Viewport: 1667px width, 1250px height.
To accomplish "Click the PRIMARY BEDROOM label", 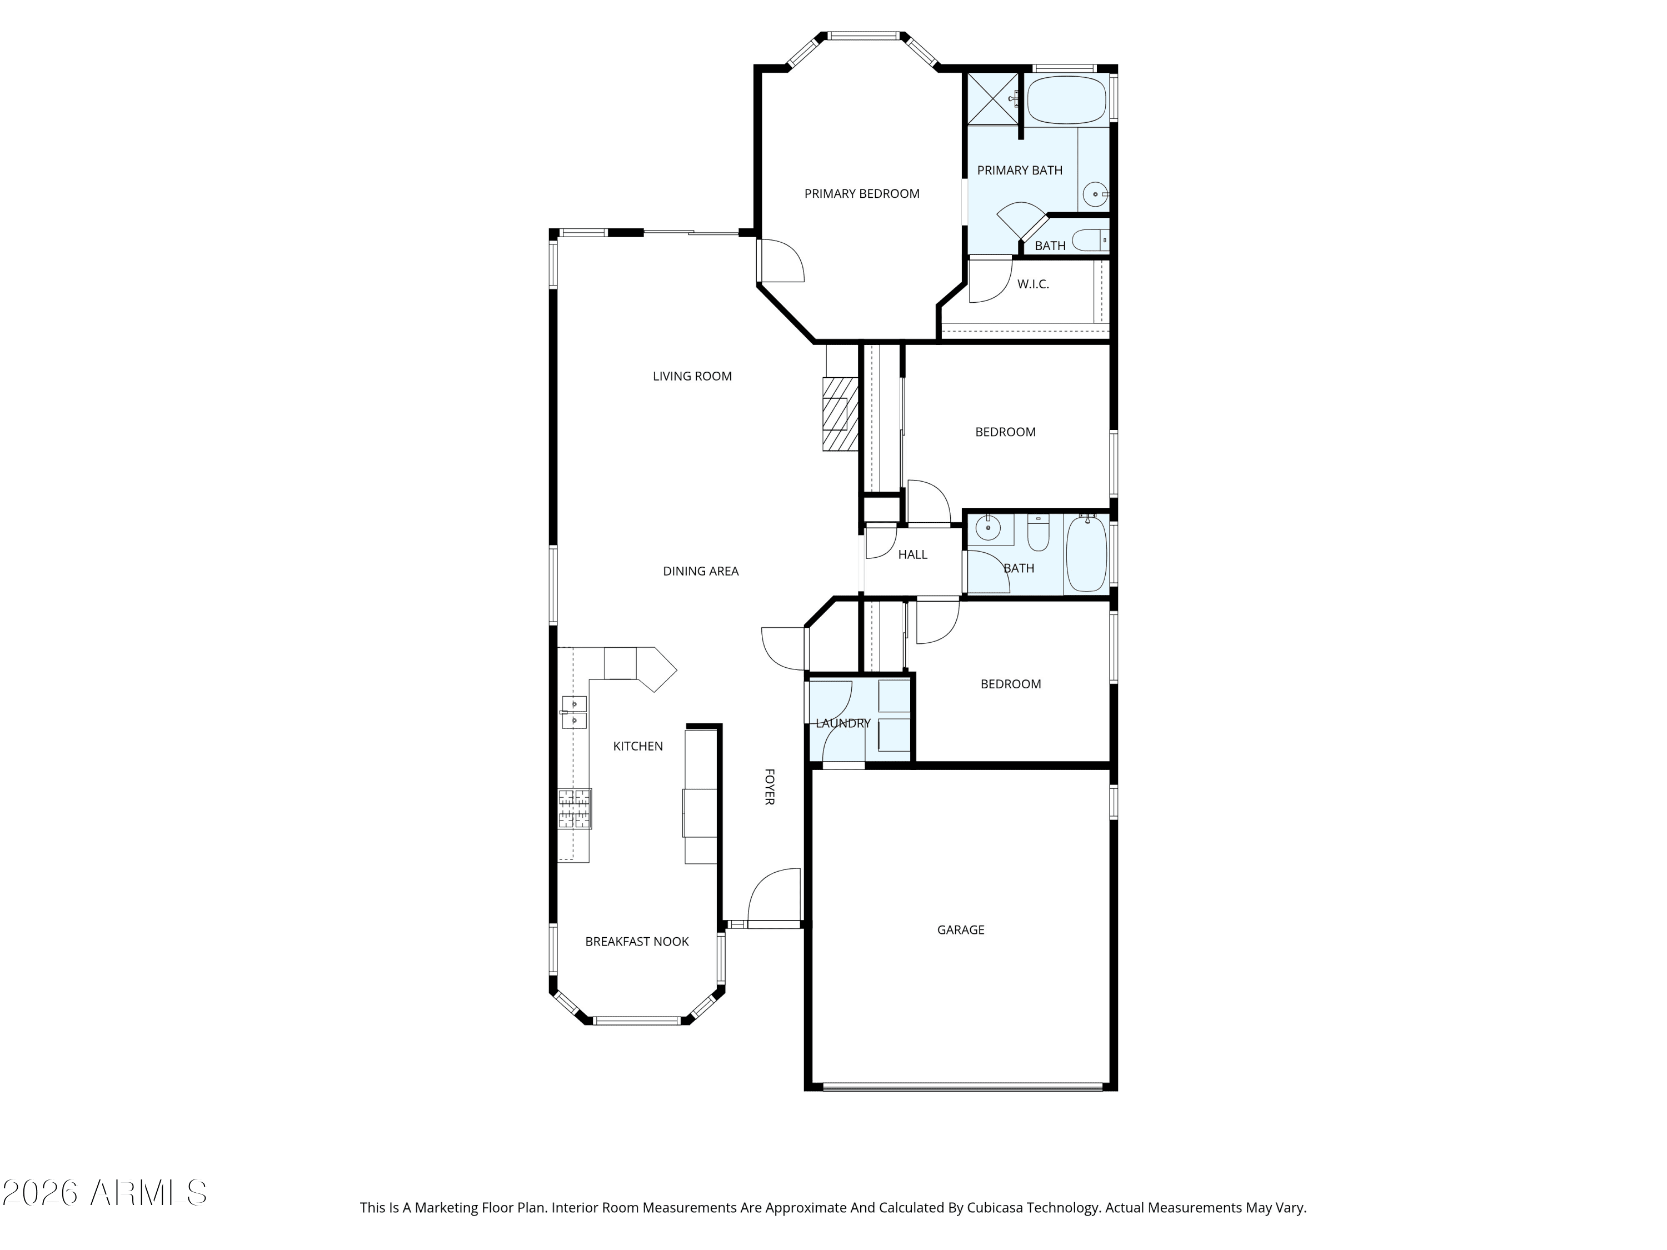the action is [861, 194].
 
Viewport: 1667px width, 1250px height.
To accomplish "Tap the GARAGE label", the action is [960, 930].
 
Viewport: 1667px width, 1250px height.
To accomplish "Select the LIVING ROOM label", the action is [692, 376].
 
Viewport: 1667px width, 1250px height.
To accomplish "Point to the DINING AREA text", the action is [700, 571].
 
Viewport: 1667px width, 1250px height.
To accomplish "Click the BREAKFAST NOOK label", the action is [637, 941].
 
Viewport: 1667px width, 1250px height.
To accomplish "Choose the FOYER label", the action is [770, 787].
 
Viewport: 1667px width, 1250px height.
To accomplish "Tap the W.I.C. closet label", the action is [1032, 284].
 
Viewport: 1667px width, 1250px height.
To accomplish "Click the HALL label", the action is [912, 554].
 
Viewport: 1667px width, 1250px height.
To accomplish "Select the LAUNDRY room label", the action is [842, 723].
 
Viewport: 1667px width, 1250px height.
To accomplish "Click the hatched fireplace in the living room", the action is [840, 414].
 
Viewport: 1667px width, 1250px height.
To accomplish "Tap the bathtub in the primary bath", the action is [1066, 99].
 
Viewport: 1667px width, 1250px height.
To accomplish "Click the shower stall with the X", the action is [994, 99].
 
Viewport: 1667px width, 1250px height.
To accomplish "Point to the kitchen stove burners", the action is [574, 808].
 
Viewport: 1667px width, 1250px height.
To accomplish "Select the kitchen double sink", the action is [574, 712].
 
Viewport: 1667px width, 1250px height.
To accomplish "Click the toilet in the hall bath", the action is [1038, 532].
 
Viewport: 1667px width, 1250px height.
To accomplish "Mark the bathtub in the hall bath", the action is [1086, 554].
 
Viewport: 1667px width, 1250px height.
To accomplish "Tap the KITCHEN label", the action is [637, 746].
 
